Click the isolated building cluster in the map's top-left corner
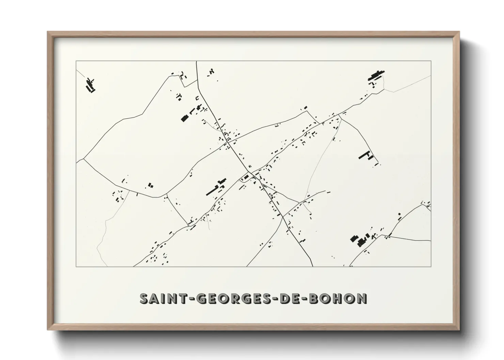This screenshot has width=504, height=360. [x=91, y=85]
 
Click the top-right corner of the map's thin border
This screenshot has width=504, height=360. [x=431, y=61]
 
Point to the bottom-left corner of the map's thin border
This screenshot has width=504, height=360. [x=76, y=266]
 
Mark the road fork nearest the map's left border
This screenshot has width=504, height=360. [x=84, y=159]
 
